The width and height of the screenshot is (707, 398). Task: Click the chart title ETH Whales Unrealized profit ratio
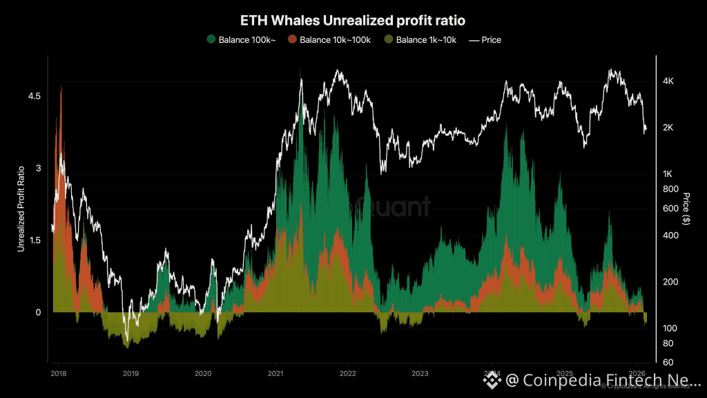pos(353,21)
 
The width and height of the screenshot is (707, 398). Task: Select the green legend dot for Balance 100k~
pos(211,39)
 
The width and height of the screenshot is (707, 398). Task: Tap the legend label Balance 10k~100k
pos(336,39)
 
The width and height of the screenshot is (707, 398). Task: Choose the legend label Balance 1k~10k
pos(426,39)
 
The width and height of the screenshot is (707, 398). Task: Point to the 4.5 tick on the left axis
pos(34,95)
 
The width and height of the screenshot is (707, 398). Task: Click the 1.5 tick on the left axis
pos(34,240)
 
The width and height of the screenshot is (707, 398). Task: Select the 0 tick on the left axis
pos(39,312)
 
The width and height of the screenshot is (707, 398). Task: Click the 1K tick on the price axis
pos(668,173)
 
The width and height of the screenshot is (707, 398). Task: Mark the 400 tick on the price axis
pos(670,236)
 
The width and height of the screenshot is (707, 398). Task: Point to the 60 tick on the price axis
pos(668,362)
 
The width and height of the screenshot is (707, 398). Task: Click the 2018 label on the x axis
pos(59,373)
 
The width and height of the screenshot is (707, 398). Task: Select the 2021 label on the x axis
pos(275,373)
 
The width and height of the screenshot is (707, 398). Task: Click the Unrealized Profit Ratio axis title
pos(21,207)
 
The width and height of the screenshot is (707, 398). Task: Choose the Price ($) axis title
pos(686,207)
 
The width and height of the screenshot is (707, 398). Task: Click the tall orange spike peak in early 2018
pos(61,87)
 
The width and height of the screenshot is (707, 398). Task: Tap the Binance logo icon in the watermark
pos(492,379)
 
